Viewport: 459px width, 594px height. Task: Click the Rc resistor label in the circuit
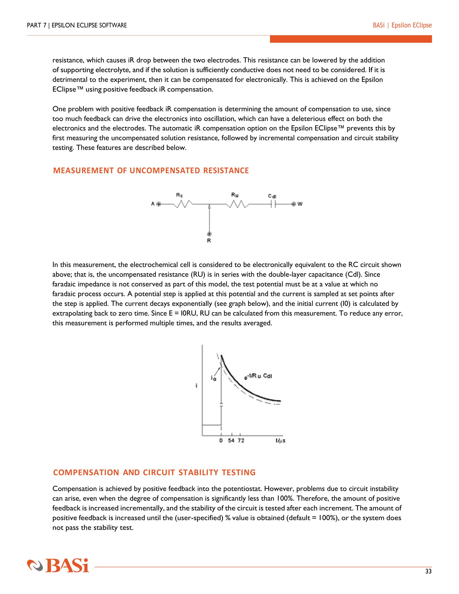[x=179, y=195]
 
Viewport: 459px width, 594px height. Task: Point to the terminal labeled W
[x=294, y=204]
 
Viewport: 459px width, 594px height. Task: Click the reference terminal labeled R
[x=209, y=234]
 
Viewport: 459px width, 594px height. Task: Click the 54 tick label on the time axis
[x=231, y=440]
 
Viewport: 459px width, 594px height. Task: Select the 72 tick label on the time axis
[x=241, y=440]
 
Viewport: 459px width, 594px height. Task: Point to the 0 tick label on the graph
[x=221, y=440]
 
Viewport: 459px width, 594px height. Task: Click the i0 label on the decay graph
[x=213, y=378]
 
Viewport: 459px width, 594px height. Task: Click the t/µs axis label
[x=280, y=441]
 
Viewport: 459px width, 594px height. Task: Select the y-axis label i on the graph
[x=196, y=386]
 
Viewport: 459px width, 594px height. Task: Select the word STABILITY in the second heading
[x=199, y=472]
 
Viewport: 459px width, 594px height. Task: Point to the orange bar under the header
[x=351, y=39]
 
